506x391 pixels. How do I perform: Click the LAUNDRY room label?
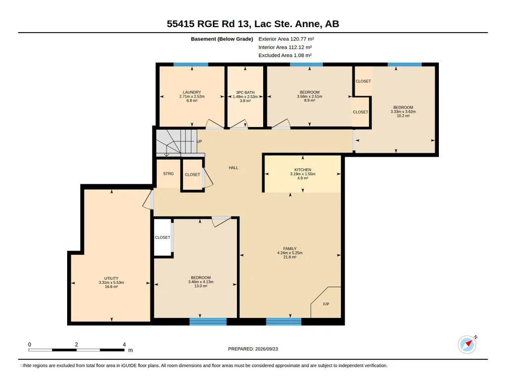click(192, 92)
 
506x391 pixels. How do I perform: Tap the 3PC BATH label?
click(245, 92)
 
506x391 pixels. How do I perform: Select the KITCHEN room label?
click(303, 170)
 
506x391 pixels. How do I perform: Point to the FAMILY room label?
click(290, 249)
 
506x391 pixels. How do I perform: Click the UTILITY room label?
click(112, 278)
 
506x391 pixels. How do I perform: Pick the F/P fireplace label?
click(326, 304)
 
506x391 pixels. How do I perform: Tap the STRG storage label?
click(168, 174)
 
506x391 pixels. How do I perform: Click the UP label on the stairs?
click(199, 141)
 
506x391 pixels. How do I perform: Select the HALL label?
click(234, 168)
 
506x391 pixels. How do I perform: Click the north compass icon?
click(467, 344)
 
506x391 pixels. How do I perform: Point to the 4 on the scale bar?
click(124, 345)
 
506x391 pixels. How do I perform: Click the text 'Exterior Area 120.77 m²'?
click(286, 39)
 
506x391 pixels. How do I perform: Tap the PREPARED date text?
click(253, 349)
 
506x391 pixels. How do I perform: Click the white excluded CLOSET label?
click(162, 237)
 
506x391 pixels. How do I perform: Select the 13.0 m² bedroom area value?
click(201, 286)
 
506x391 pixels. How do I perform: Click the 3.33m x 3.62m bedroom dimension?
click(403, 112)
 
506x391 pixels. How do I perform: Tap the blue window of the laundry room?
click(191, 65)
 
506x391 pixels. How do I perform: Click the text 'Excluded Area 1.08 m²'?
click(285, 55)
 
